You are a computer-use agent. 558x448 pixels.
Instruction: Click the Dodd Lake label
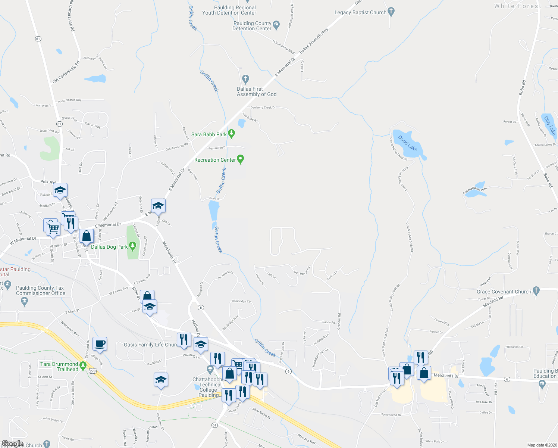(x=407, y=143)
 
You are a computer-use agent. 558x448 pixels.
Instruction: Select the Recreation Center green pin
(x=241, y=159)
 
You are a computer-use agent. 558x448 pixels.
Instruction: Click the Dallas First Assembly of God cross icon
(x=245, y=79)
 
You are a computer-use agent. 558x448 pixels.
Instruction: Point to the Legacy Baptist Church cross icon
(x=391, y=12)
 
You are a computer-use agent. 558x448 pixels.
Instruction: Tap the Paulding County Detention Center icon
(x=276, y=25)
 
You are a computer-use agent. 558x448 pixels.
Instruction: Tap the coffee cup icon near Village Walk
(x=100, y=343)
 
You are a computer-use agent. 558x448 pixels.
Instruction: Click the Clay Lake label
(x=550, y=126)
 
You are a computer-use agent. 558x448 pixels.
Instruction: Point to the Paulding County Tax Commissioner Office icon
(x=24, y=301)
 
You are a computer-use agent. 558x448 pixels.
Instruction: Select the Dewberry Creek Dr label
(x=263, y=108)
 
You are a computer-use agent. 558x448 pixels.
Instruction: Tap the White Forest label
(x=517, y=6)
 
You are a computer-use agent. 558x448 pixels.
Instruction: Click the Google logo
(x=12, y=444)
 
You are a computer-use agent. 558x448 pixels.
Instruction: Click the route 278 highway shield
(x=93, y=371)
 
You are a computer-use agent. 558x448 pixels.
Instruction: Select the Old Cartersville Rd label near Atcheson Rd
(x=66, y=72)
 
